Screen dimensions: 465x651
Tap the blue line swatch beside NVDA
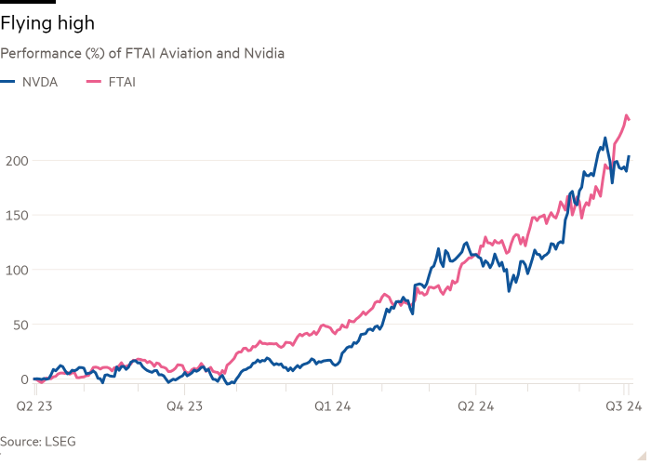click(x=8, y=82)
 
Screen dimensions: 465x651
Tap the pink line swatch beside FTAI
click(x=92, y=82)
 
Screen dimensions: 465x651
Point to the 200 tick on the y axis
click(x=11, y=160)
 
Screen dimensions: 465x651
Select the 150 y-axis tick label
click(x=11, y=215)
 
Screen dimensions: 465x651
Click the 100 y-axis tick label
click(x=11, y=270)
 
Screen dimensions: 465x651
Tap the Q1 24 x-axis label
click(x=332, y=406)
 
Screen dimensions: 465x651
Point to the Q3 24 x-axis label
click(x=620, y=406)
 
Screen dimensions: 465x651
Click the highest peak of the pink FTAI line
click(x=626, y=114)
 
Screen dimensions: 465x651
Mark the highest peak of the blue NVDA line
click(x=605, y=139)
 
